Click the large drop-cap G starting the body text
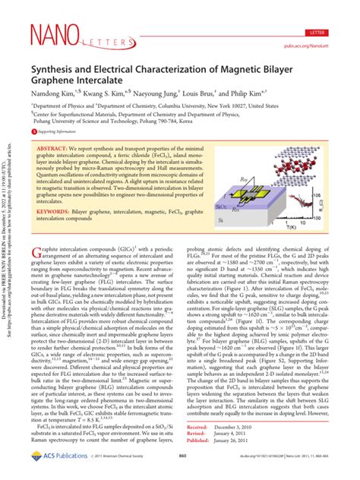(37, 252)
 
